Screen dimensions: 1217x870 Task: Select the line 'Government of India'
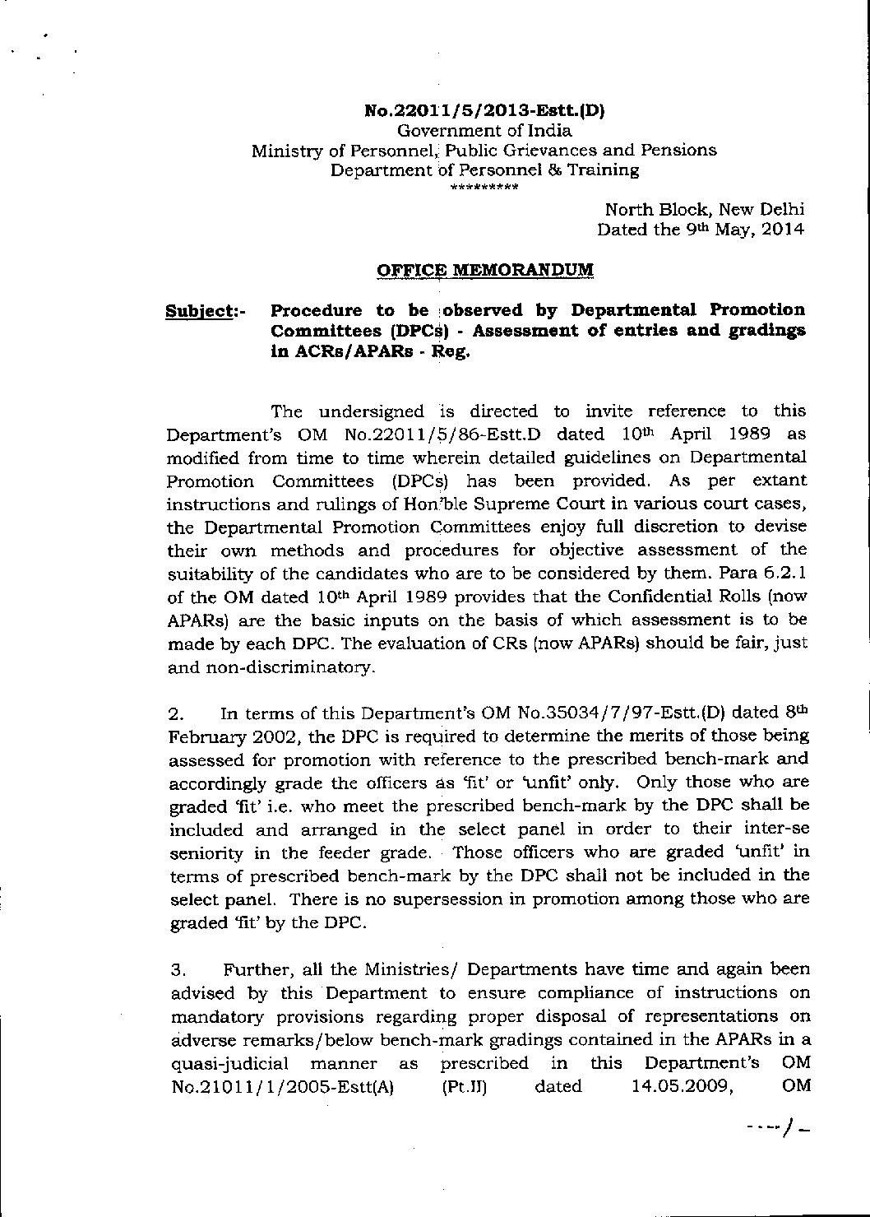(x=484, y=130)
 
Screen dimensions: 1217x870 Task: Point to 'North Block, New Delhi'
(x=704, y=210)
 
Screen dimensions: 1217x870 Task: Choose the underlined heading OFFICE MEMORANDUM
(x=484, y=270)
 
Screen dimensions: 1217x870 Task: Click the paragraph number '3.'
(x=176, y=969)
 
